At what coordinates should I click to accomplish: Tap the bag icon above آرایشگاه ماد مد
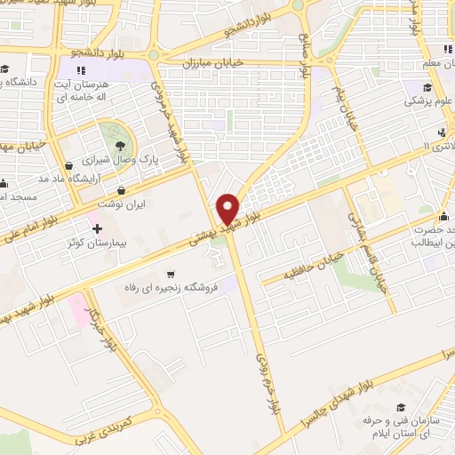click(x=68, y=164)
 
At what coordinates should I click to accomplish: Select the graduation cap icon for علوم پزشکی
click(x=428, y=87)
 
